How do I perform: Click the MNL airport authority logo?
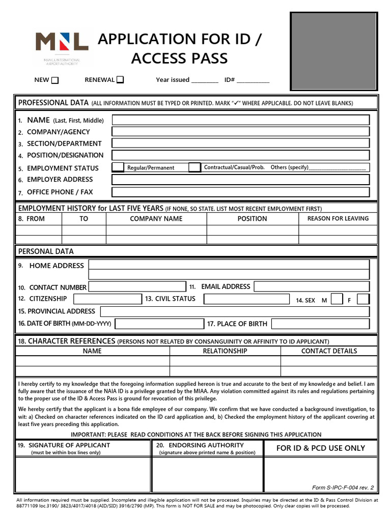[x=61, y=46]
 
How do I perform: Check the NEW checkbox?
[x=55, y=80]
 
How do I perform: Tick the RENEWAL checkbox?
[x=120, y=79]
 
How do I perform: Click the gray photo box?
[x=334, y=51]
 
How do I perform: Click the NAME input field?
[x=241, y=120]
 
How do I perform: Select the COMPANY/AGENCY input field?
[x=241, y=132]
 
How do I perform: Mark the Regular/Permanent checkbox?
[x=118, y=167]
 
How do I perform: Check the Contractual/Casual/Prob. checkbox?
[x=194, y=167]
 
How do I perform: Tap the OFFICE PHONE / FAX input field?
[x=241, y=192]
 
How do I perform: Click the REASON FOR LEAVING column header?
[x=338, y=218]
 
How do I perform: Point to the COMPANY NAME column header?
[x=156, y=218]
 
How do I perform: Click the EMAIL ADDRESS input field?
[x=312, y=287]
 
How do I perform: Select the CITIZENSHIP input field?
[x=107, y=299]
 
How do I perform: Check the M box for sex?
[x=337, y=300]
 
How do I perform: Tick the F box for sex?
[x=363, y=300]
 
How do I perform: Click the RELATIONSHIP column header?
[x=225, y=351]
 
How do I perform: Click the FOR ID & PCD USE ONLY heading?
[x=320, y=448]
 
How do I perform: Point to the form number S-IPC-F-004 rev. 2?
[x=343, y=487]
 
